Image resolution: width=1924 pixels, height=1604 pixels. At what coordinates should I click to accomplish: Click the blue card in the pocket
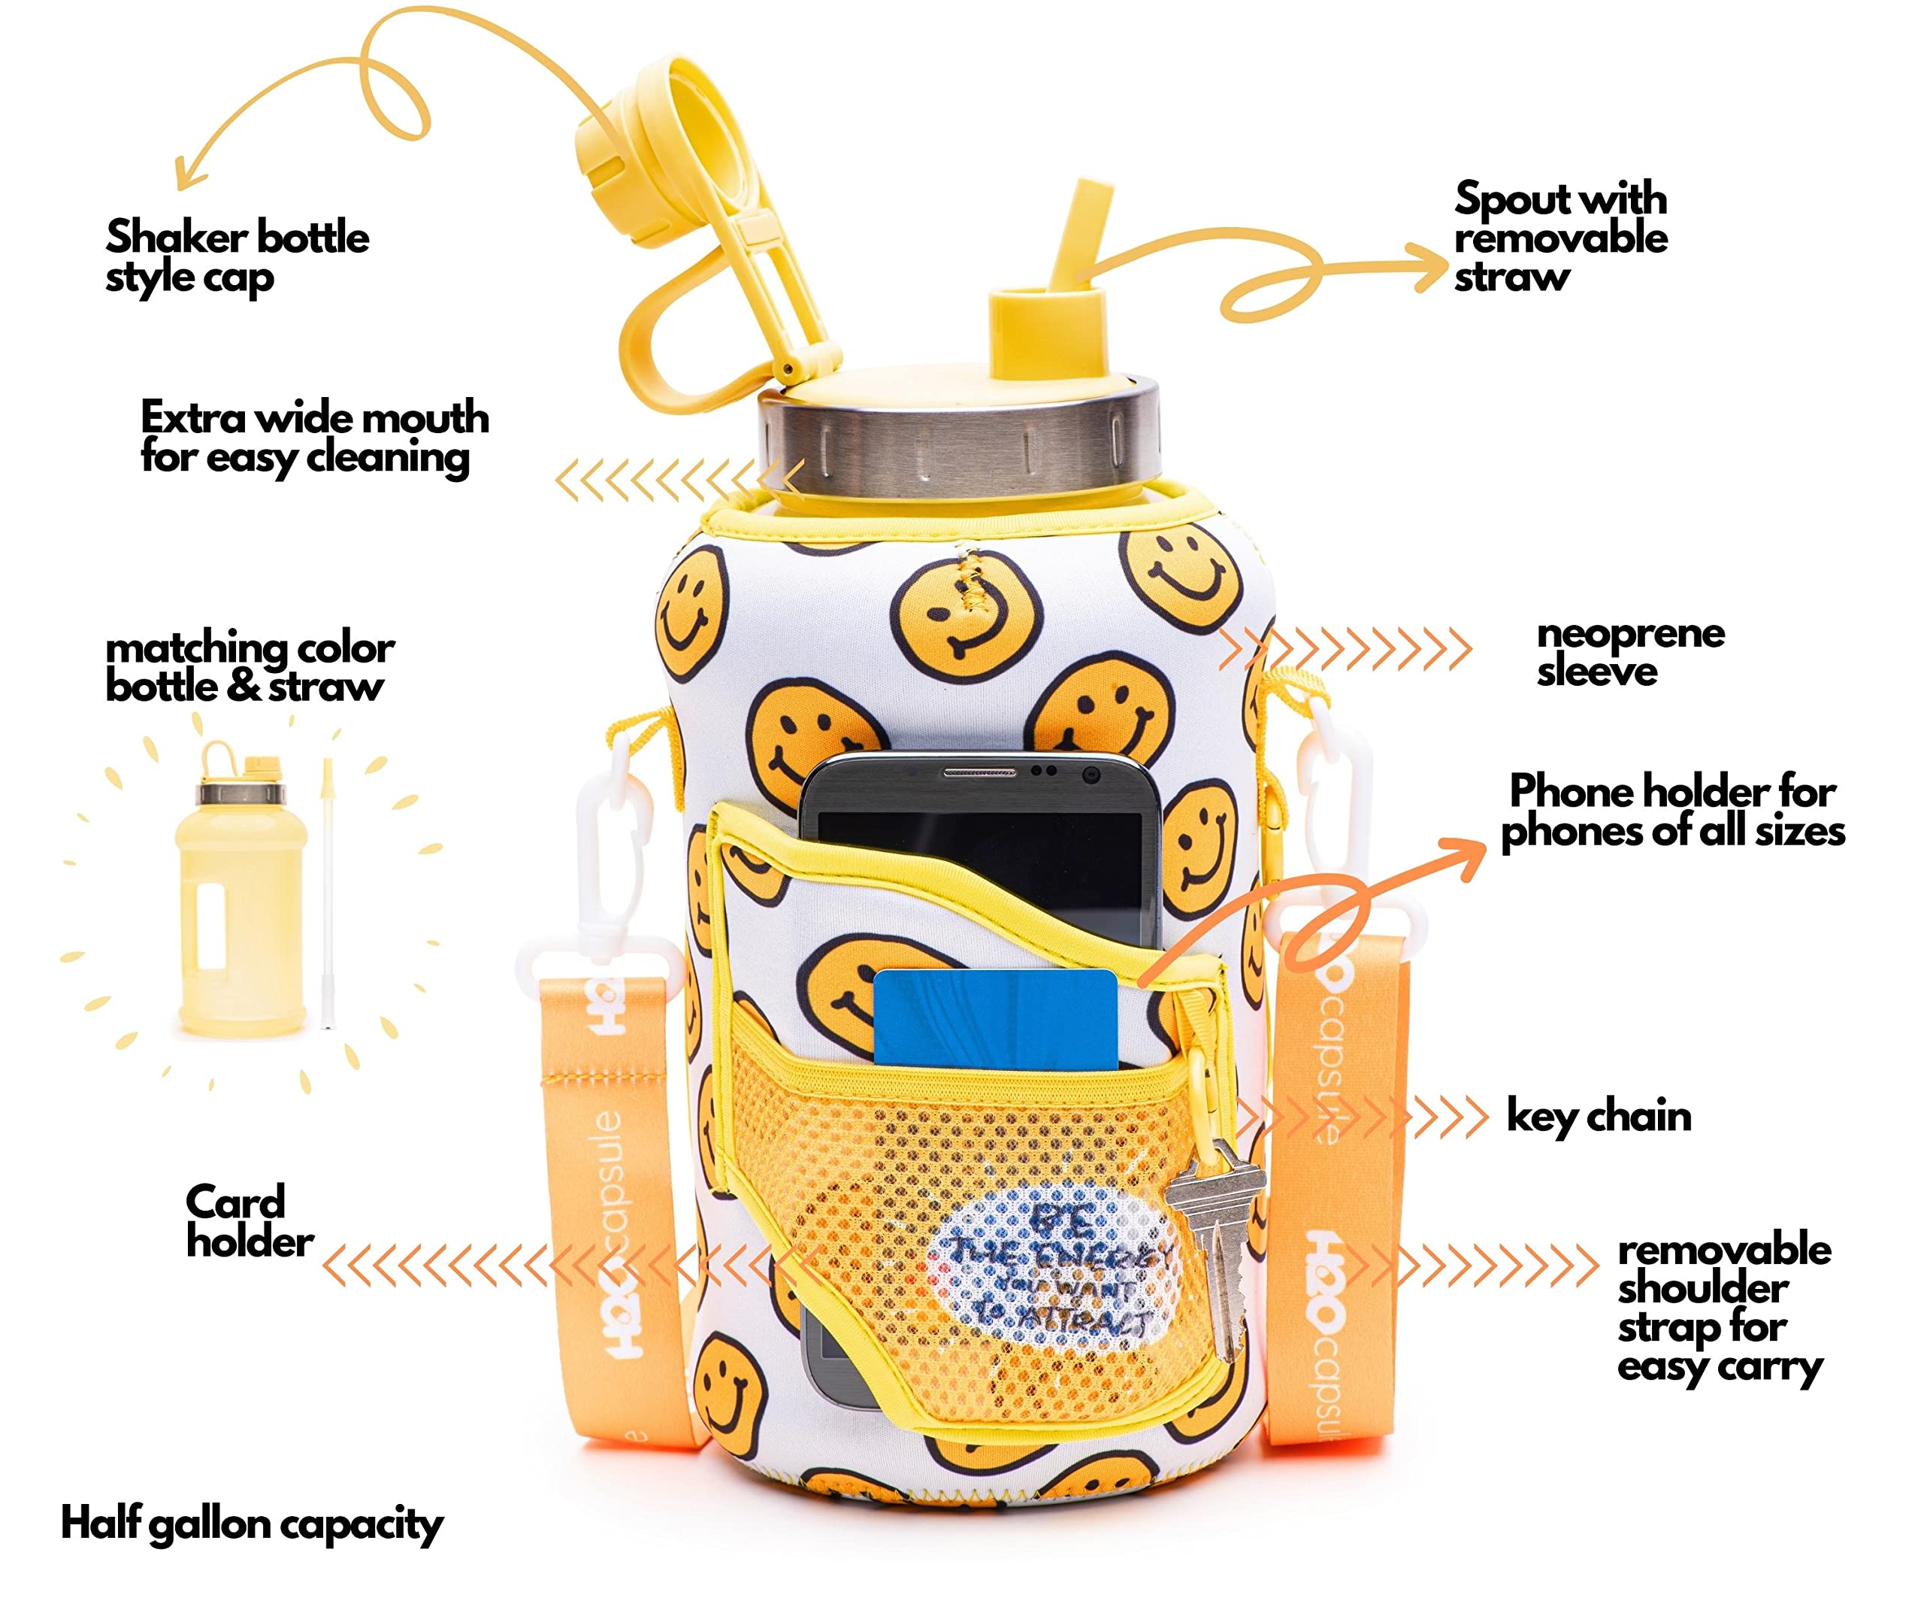995,1018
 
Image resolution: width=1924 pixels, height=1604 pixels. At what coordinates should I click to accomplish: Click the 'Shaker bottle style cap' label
237,256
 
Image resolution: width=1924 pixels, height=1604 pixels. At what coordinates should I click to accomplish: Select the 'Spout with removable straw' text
1559,236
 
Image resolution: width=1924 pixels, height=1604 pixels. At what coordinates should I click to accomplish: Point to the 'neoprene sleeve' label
1629,652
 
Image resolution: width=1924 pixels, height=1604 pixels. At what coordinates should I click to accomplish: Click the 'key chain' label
1598,1117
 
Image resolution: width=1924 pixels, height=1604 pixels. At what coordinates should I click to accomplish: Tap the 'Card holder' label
248,1222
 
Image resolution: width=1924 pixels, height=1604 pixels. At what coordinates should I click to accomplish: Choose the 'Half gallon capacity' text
251,1524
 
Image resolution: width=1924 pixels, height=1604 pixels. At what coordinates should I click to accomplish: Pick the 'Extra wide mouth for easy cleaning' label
313,437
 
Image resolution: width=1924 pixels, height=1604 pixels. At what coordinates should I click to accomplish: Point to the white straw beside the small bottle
326,893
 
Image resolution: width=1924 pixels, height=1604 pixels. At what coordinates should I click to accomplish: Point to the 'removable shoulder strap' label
1723,1307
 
